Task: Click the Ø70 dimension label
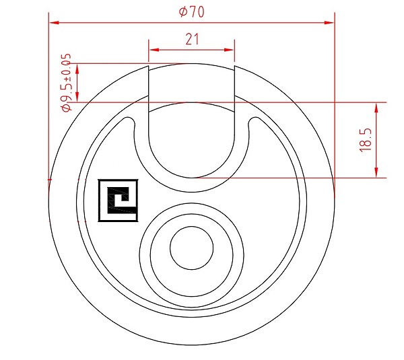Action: click(x=192, y=11)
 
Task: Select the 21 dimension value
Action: click(x=192, y=40)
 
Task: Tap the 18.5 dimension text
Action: click(x=366, y=140)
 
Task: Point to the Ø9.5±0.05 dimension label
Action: click(x=66, y=83)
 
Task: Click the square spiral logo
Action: click(x=119, y=201)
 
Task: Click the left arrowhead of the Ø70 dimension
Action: click(x=54, y=23)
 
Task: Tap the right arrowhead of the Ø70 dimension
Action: click(x=329, y=23)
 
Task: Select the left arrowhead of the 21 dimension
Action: click(x=154, y=50)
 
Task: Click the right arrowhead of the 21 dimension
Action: click(x=229, y=50)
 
